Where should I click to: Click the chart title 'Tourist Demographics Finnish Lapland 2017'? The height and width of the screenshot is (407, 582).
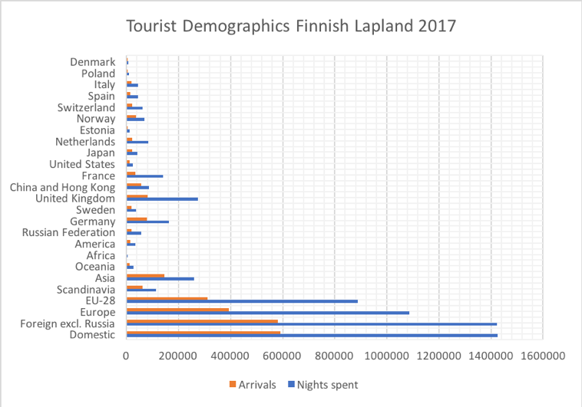(291, 26)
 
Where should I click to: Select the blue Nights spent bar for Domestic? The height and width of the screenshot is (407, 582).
(312, 336)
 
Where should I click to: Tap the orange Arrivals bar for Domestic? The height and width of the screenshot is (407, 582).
(203, 333)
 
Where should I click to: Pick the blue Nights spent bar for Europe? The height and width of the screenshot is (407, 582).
(268, 313)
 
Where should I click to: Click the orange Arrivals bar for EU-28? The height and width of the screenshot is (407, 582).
(167, 298)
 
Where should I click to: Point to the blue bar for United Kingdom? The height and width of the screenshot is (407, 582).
(162, 199)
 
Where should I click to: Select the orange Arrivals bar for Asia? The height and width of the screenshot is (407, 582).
(146, 276)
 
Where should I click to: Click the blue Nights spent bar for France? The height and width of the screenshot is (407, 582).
(145, 176)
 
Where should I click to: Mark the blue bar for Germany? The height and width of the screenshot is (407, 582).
(147, 222)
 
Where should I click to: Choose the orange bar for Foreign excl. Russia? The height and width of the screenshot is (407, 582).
(202, 321)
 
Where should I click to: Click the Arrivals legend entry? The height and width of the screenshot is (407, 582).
(253, 385)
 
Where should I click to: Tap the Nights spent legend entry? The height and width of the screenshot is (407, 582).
(323, 385)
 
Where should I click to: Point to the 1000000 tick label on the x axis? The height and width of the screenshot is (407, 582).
(387, 356)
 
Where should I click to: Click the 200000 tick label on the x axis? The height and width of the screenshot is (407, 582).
(178, 356)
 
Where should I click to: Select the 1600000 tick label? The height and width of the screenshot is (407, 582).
(543, 356)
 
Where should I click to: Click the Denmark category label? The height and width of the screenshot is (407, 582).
(93, 62)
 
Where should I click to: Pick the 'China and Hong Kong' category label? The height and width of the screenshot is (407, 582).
(62, 187)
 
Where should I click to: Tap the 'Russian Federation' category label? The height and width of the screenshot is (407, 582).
(68, 232)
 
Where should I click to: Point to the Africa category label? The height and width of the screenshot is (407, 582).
(101, 255)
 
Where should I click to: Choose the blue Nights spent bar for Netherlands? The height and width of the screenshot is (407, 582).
(137, 142)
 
